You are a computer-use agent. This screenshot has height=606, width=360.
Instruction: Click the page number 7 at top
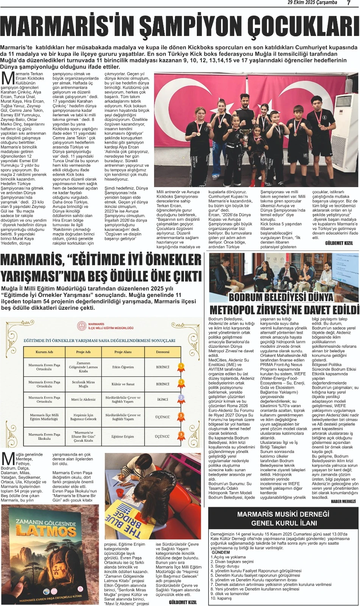pos(349,3)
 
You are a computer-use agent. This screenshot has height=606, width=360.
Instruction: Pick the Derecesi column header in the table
pos(163,352)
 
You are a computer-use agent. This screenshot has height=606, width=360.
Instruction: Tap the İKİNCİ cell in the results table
pos(163,399)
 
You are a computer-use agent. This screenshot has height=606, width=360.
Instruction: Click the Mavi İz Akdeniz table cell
pos(83,399)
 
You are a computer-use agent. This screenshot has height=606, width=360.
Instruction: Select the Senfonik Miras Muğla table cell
pos(83,384)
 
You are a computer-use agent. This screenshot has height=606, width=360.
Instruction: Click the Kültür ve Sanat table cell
pos(123,384)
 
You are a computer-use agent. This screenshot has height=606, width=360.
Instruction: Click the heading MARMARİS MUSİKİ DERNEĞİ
pos(283,514)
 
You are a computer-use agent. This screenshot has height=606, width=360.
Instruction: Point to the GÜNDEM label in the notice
pos(221,552)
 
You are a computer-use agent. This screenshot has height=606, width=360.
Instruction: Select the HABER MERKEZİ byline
pos(343,501)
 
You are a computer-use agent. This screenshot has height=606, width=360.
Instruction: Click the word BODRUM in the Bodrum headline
pos(246,297)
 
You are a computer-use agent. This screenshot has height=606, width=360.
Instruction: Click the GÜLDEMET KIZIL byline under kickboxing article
pos(339,243)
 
